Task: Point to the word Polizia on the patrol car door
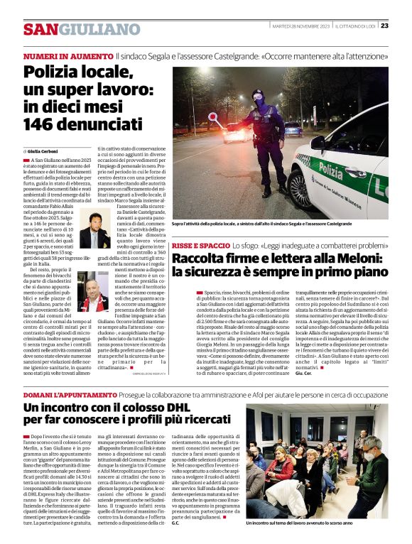pos(330,169)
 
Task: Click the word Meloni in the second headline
pos(359,258)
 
